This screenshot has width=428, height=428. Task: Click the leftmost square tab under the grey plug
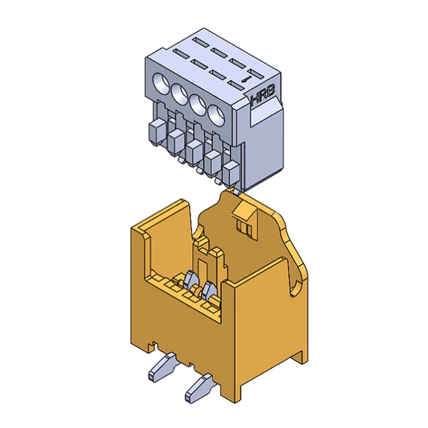156,132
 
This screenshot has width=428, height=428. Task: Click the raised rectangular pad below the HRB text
265,117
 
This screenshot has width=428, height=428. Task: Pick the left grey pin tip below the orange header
162,368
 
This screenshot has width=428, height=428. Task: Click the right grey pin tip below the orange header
197,390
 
